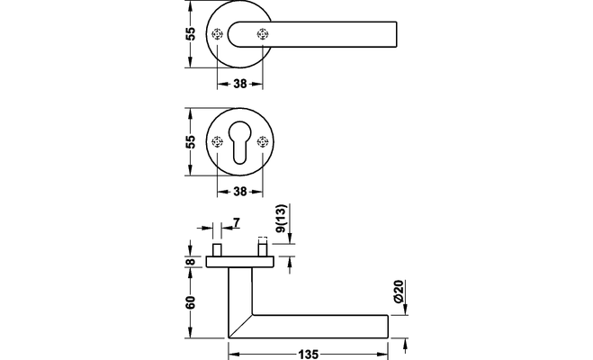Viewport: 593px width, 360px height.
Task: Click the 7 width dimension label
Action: tap(236, 222)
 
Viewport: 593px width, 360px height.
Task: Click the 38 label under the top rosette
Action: tap(239, 83)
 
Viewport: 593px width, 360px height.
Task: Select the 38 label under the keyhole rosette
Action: tap(239, 191)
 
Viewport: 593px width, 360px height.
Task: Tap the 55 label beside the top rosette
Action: tap(191, 34)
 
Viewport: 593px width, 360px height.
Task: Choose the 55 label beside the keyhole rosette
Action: tap(191, 142)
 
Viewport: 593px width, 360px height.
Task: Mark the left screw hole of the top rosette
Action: tap(217, 35)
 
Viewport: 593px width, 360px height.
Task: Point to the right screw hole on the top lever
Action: tap(263, 35)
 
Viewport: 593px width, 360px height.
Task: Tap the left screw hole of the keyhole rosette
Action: tap(217, 143)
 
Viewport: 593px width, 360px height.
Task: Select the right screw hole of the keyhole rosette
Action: tap(263, 143)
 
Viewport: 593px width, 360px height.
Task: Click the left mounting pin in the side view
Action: tap(217, 248)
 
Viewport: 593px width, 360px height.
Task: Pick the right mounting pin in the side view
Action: tap(263, 247)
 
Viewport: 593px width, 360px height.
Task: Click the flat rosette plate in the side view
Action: tap(239, 261)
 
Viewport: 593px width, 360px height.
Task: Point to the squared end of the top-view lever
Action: tap(392, 35)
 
